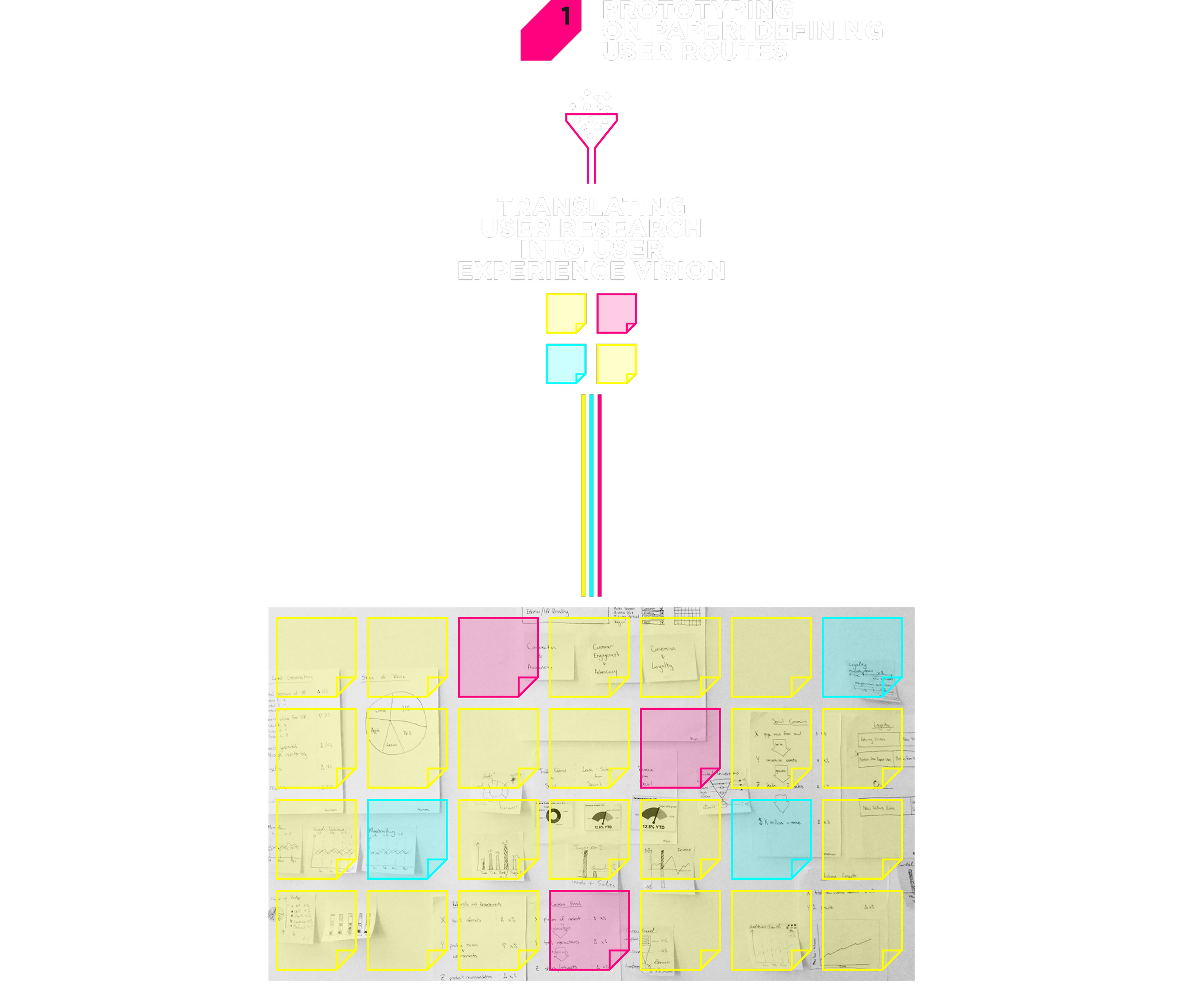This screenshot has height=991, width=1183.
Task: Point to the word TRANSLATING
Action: point(591,207)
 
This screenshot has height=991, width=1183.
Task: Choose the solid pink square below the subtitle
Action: point(616,313)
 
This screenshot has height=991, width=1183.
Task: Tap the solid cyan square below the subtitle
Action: point(565,368)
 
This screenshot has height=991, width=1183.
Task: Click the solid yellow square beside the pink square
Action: point(565,313)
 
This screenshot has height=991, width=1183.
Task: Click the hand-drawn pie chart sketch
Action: point(396,730)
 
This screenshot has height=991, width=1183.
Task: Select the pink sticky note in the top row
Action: point(498,657)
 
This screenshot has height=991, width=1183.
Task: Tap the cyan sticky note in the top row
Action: point(862,657)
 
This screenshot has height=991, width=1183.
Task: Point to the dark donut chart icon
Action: point(554,816)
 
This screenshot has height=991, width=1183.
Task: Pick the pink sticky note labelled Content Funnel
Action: point(589,930)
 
